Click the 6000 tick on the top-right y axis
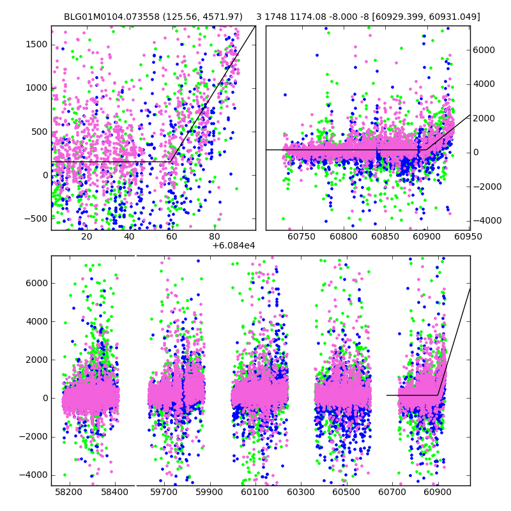484,50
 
